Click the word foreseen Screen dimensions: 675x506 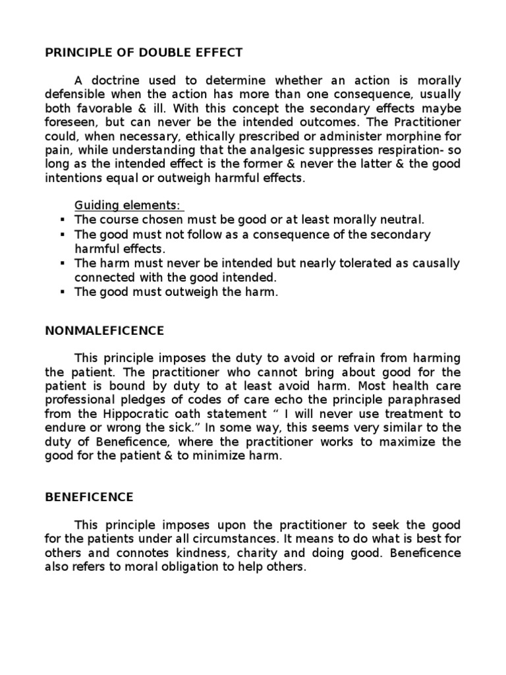[70, 122]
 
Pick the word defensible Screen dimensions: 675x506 [76, 94]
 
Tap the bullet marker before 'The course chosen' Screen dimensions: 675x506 [63, 220]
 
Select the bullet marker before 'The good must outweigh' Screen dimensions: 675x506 [63, 292]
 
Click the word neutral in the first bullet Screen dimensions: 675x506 [405, 220]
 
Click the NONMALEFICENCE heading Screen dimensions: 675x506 [105, 330]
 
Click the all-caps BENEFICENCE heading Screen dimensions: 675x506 [89, 496]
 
